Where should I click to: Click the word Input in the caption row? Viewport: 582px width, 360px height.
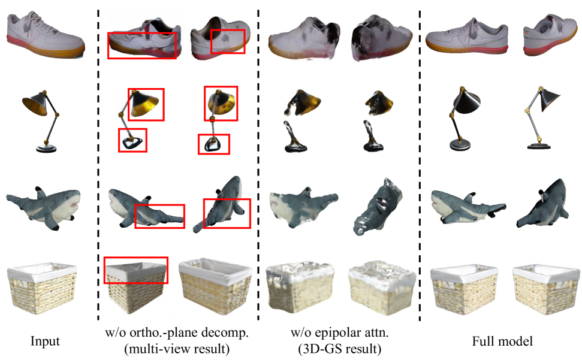tap(45, 341)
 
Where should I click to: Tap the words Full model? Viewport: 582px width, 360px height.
tap(502, 341)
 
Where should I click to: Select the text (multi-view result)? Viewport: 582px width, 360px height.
tap(177, 349)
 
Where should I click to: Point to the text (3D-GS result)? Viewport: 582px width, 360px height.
tap(340, 349)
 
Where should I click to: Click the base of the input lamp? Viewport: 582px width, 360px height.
tap(46, 149)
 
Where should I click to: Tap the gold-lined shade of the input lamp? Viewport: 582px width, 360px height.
tap(35, 103)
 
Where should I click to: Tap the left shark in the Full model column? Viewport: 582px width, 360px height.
tap(468, 207)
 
